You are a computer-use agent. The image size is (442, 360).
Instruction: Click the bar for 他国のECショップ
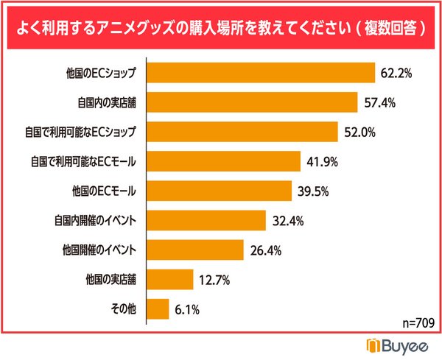[x=262, y=73]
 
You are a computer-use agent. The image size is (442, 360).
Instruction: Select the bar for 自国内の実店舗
[x=253, y=102]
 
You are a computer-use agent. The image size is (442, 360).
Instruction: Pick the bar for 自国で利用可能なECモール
[x=224, y=161]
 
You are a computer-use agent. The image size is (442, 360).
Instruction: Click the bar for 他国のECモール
[x=220, y=191]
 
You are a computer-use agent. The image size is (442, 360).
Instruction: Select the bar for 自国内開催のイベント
[x=206, y=220]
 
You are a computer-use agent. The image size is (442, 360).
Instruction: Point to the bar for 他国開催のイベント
[x=195, y=250]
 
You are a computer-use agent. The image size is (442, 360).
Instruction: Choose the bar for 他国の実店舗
[x=170, y=279]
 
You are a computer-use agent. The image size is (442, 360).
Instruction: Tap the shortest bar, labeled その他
[x=158, y=308]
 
